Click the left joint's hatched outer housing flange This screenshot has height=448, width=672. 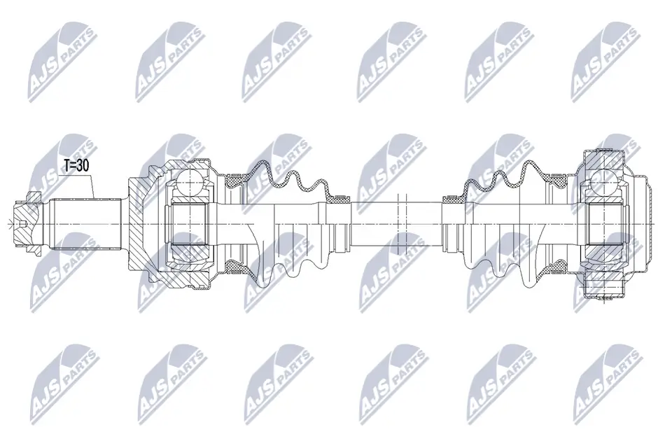coord(140,224)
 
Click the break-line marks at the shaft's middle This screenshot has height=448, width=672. coord(401,223)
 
